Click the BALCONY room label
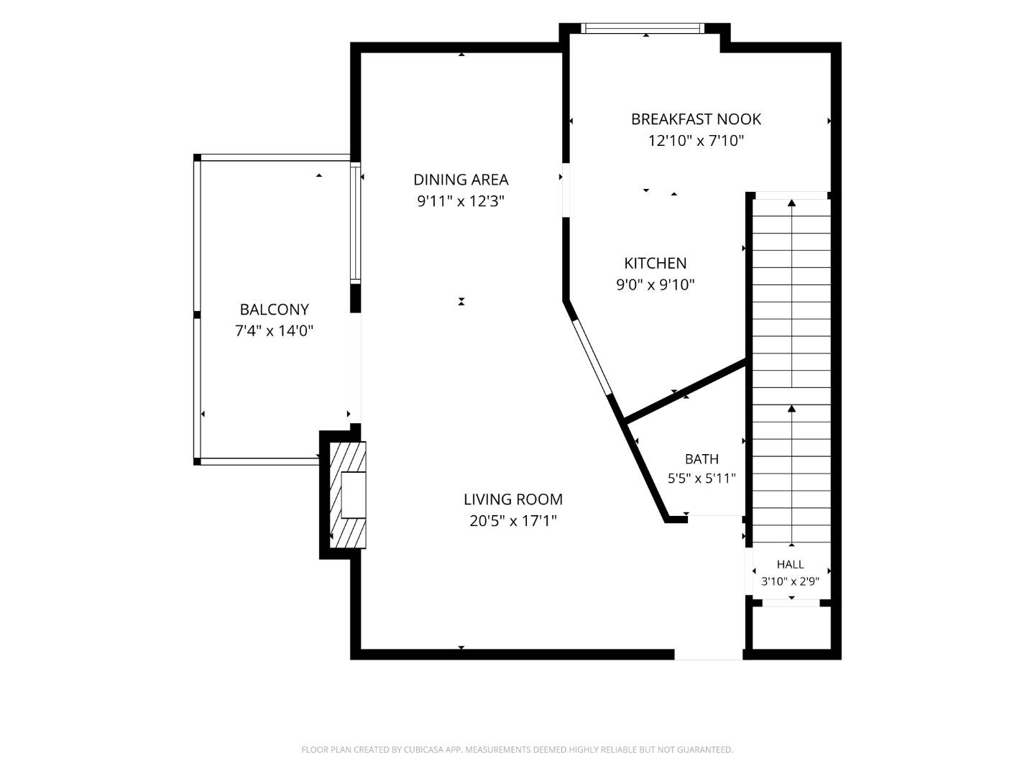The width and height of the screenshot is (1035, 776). (274, 310)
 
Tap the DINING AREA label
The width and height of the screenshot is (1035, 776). (461, 180)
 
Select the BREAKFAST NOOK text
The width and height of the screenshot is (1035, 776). (696, 119)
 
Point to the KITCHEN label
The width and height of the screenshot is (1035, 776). (655, 263)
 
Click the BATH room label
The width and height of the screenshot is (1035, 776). (701, 458)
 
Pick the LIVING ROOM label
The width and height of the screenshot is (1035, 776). (513, 499)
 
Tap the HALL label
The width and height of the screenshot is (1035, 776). (791, 564)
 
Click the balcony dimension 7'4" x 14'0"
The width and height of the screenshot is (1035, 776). (274, 331)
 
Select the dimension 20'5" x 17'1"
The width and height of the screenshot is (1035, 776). (513, 521)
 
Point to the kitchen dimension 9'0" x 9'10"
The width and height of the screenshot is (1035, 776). (655, 285)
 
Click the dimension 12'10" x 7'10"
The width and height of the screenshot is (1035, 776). (696, 140)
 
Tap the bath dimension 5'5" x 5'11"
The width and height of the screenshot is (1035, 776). (701, 479)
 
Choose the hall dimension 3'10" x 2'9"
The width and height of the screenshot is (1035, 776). (791, 581)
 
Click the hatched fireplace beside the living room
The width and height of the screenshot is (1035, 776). (347, 495)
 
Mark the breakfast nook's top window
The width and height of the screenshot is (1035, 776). (643, 28)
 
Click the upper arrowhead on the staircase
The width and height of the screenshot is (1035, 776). (791, 203)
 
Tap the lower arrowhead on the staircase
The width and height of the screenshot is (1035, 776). (791, 409)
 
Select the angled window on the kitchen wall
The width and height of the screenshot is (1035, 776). (592, 356)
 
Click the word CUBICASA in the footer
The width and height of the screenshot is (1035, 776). (423, 749)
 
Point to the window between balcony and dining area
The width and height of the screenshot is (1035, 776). (356, 223)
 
